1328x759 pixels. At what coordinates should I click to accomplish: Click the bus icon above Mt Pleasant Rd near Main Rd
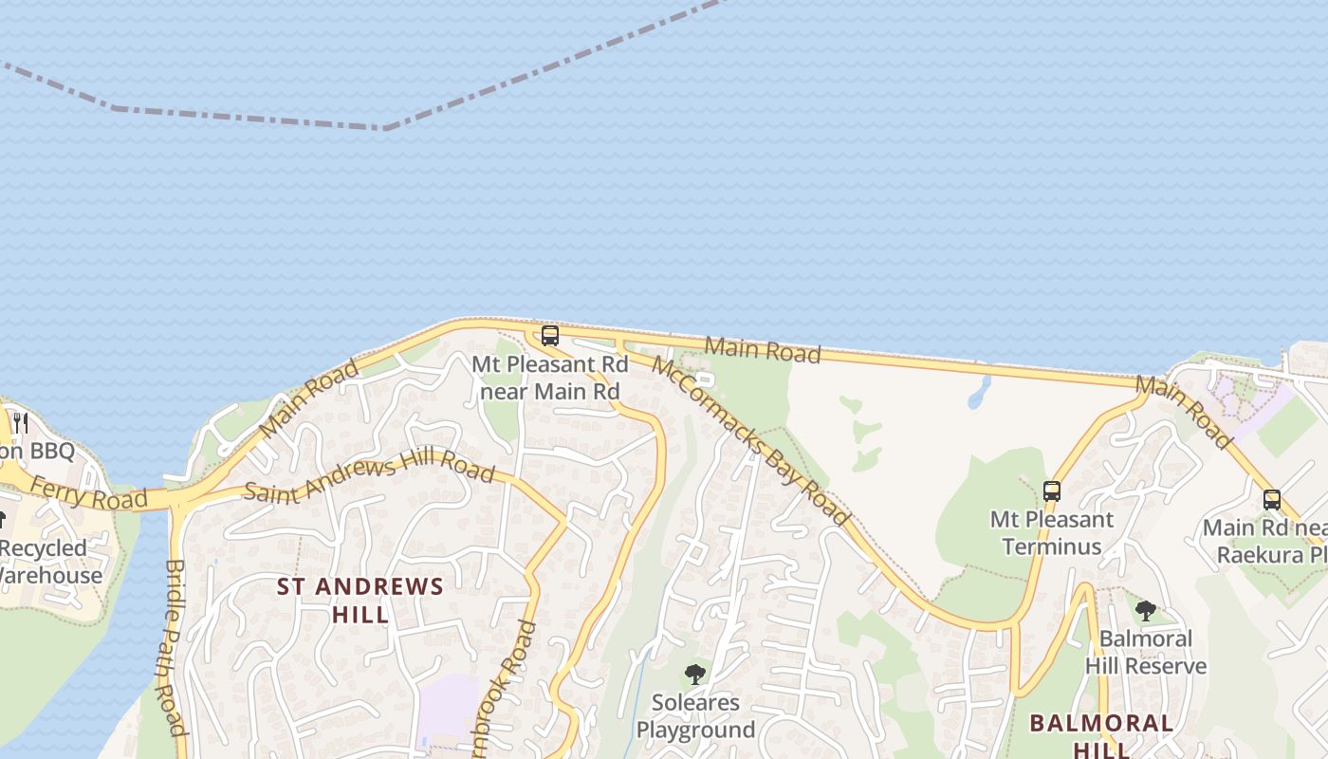click(549, 336)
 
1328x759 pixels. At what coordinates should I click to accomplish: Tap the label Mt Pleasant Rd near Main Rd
click(550, 378)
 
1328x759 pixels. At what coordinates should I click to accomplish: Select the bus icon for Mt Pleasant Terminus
click(1051, 491)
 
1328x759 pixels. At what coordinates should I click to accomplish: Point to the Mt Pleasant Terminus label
click(1052, 533)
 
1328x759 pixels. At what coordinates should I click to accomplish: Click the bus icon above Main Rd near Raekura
click(1271, 500)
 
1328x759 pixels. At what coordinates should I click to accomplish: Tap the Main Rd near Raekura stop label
click(1266, 541)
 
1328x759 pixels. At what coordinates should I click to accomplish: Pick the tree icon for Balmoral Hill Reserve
click(1145, 610)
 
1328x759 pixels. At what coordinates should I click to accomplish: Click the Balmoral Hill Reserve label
click(1146, 653)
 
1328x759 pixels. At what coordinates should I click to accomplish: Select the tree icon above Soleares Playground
click(695, 675)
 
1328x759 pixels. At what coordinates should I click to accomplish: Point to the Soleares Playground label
click(695, 716)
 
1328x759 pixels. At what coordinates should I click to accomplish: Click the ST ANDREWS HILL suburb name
click(360, 600)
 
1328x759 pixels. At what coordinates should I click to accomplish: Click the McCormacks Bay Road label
click(750, 440)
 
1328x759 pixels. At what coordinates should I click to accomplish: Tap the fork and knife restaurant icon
click(21, 422)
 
